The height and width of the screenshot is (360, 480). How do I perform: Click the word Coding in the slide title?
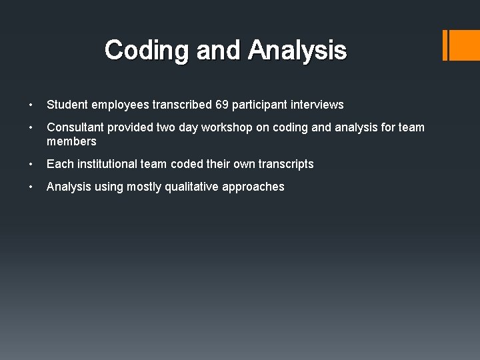coord(137,50)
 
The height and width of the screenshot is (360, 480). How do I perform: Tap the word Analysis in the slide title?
coord(297,50)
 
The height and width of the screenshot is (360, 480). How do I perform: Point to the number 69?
coord(222,105)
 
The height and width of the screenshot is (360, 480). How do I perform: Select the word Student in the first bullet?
coord(67,105)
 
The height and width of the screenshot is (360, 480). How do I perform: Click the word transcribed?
coord(182,105)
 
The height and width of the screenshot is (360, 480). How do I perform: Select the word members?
coord(71,141)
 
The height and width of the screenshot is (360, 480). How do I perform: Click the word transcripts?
coord(285,164)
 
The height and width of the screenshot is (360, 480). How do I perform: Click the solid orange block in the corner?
coord(465,45)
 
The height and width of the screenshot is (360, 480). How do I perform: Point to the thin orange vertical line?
coord(445,45)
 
